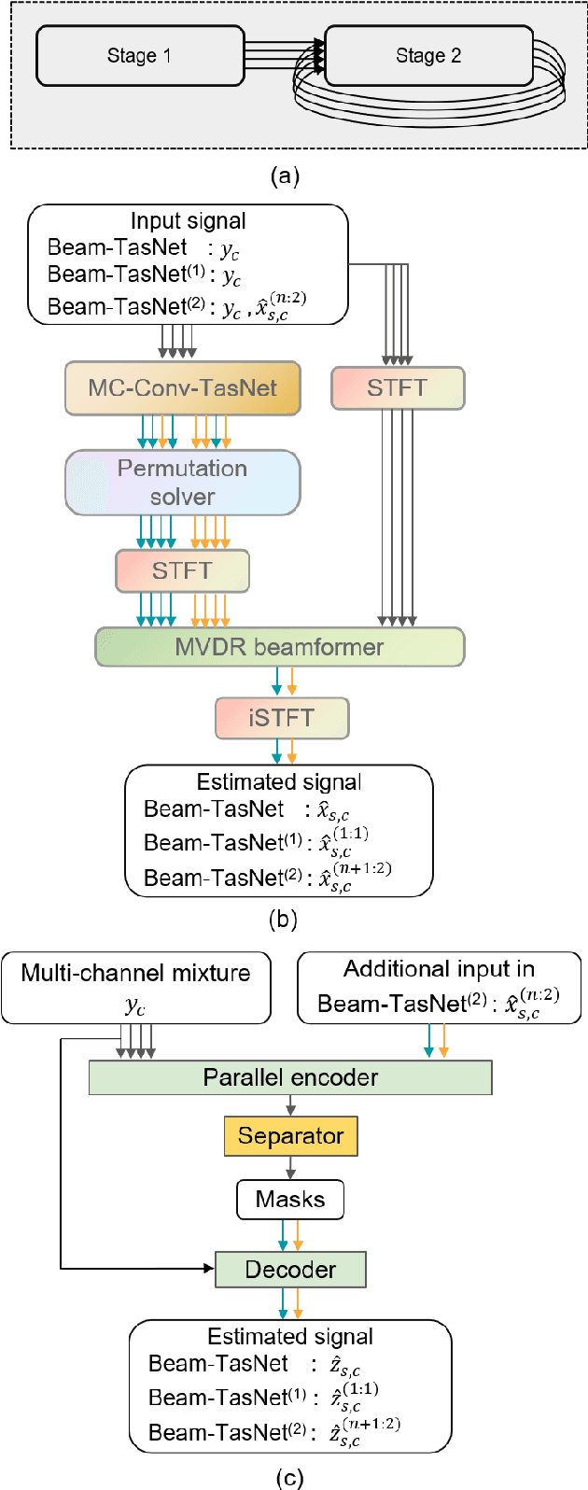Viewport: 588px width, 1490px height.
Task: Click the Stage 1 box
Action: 140,56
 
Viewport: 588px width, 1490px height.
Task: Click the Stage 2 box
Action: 428,56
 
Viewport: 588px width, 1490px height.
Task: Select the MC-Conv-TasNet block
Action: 183,388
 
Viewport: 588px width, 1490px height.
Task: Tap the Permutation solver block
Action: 183,483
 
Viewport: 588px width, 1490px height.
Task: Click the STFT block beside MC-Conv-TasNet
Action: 398,388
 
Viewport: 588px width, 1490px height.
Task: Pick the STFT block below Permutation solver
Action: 183,570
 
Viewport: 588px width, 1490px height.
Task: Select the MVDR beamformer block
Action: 279,647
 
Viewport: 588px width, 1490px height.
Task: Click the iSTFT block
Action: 282,718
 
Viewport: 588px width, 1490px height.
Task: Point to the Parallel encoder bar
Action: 290,1077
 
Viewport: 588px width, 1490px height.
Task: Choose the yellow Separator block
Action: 290,1136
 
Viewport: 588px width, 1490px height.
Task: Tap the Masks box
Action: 290,1200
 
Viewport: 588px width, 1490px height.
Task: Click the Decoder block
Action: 290,1270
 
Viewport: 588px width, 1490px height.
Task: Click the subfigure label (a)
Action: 284,176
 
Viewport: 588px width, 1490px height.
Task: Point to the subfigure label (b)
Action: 282,919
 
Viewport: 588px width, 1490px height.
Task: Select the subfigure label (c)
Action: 290,1477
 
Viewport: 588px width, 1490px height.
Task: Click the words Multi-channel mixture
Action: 136,973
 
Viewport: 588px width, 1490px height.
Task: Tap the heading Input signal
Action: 189,221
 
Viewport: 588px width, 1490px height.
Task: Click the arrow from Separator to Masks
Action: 290,1168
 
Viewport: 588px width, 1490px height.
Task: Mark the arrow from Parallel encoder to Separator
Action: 290,1106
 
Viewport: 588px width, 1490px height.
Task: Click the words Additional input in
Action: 439,969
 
